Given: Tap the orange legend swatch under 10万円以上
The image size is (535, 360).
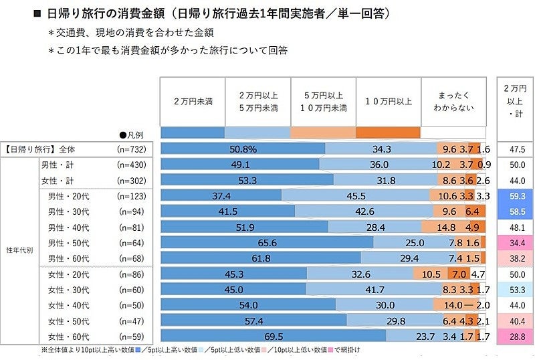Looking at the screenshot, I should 388,132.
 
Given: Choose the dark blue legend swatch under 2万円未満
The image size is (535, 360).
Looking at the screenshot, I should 192,132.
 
